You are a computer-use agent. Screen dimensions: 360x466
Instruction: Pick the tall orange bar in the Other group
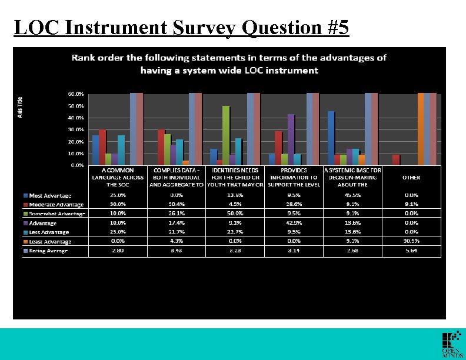[x=421, y=129]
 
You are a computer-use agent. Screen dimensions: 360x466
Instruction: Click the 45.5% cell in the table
[x=352, y=195]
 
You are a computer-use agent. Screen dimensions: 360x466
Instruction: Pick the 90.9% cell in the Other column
[x=411, y=241]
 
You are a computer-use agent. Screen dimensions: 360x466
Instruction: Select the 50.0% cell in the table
[x=233, y=213]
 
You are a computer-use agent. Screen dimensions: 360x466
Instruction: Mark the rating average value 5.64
[x=411, y=251]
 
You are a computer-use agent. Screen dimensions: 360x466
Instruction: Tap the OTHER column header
[x=411, y=176]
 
